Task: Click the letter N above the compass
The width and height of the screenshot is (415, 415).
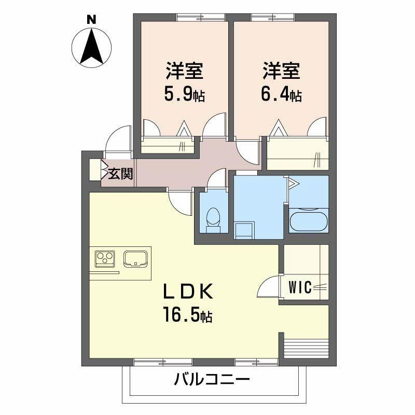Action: (x=92, y=20)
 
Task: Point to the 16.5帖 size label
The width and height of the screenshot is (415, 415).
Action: (x=188, y=314)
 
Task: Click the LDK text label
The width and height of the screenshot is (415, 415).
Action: (x=187, y=291)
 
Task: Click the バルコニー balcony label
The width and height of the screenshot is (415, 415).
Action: (x=212, y=380)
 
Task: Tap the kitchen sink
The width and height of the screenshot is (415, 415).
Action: (x=135, y=258)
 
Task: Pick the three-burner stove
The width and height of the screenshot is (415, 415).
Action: (x=105, y=258)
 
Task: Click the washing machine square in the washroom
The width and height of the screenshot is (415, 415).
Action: (x=244, y=230)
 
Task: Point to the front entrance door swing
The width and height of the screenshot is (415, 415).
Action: (x=118, y=139)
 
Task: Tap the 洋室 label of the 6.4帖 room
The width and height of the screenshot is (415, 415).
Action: (x=281, y=71)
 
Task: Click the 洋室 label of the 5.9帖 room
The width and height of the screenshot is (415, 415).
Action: (x=185, y=71)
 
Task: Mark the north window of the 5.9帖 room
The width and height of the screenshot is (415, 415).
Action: (x=201, y=18)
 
